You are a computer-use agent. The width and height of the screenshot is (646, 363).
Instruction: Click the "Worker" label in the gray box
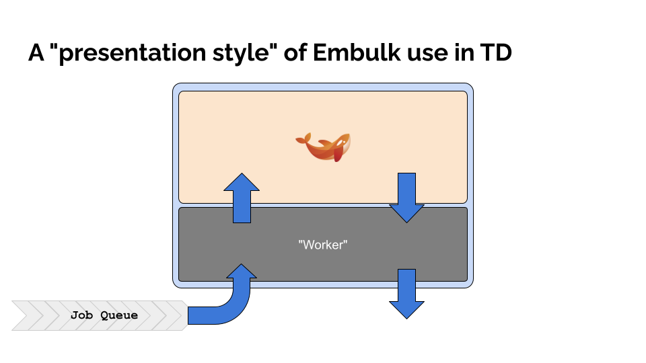coord(322,245)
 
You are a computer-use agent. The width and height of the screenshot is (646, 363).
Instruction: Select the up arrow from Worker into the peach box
coord(241,198)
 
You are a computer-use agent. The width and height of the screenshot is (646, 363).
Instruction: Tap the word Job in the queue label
coord(83,315)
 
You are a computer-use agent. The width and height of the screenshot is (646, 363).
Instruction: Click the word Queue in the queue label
coord(119,315)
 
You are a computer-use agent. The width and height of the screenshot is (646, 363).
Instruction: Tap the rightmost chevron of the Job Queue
coord(176,315)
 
